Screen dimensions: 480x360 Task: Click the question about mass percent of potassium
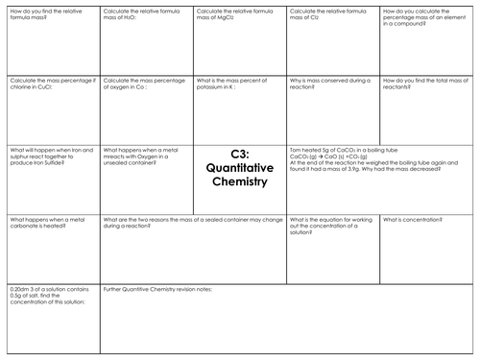pyautogui.click(x=240, y=84)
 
